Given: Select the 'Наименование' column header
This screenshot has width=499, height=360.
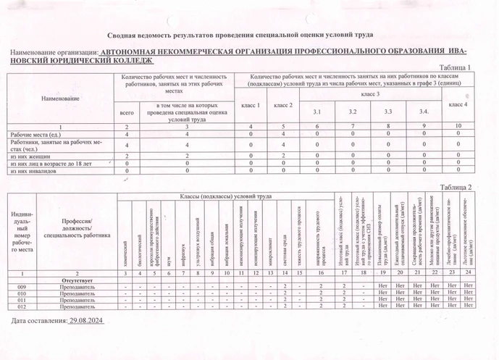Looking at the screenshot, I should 61,97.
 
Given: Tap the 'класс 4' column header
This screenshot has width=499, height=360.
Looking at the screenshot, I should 458,105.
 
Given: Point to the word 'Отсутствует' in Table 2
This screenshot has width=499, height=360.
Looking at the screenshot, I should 76,280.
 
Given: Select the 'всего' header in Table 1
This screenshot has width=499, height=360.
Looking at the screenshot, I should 126,113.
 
